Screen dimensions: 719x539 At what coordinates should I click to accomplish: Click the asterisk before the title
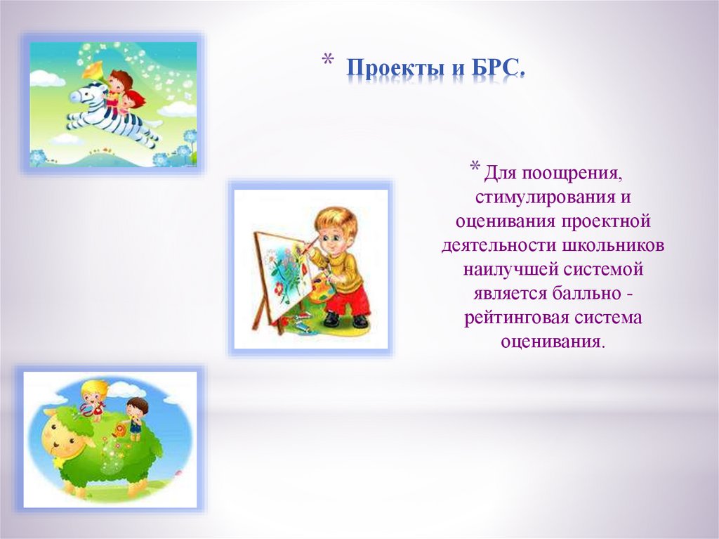327,60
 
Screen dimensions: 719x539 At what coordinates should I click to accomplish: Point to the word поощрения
572,174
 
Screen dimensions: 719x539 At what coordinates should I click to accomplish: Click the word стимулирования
543,197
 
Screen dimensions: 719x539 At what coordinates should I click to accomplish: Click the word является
510,293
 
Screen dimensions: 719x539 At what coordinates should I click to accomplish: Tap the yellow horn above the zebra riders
93,70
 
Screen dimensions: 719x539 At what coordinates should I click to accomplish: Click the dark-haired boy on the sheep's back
136,418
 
